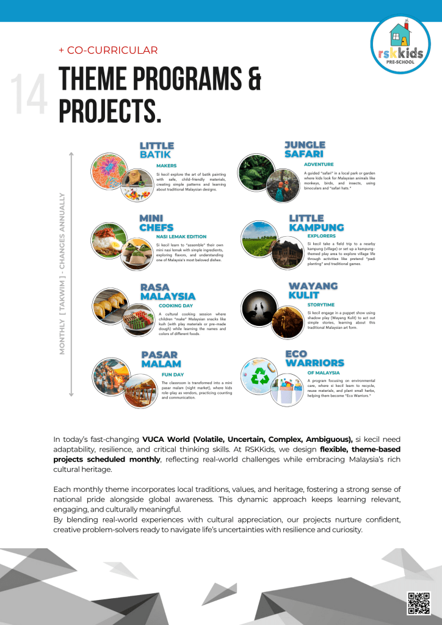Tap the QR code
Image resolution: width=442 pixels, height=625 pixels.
(x=419, y=602)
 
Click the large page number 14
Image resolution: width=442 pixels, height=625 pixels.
(x=29, y=95)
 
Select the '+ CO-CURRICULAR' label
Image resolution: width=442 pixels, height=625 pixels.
(x=108, y=51)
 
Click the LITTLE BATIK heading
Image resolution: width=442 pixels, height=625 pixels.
(x=157, y=150)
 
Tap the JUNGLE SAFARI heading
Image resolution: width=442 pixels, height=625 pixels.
(x=305, y=149)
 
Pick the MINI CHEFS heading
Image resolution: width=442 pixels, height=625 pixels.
(x=156, y=223)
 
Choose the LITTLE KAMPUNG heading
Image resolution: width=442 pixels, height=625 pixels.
(x=316, y=223)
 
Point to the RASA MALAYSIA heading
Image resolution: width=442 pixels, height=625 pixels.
(x=168, y=292)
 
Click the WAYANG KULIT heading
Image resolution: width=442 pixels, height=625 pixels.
(x=313, y=290)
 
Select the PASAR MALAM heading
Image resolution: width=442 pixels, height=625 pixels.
(x=159, y=359)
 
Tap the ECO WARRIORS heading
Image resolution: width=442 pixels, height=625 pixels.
(x=314, y=358)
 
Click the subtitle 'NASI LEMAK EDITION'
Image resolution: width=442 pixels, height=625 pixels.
(x=181, y=237)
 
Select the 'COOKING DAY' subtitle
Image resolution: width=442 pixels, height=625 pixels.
(x=176, y=305)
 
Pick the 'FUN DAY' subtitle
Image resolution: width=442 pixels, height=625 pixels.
(x=173, y=374)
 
